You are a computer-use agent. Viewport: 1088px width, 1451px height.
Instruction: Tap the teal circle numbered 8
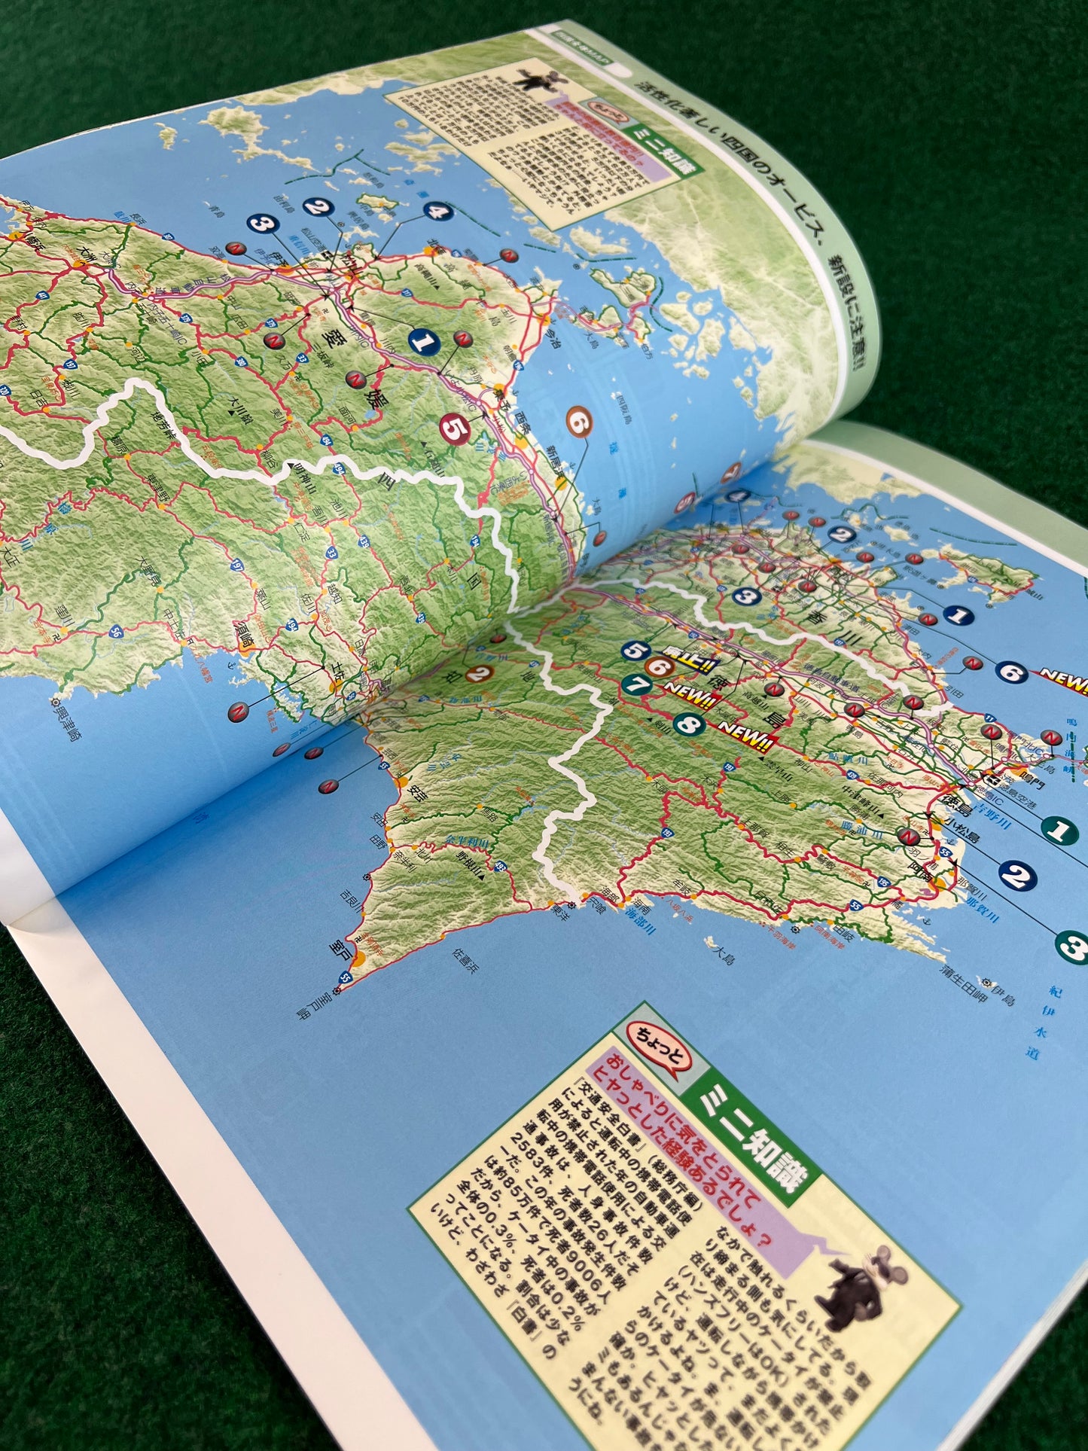(x=687, y=725)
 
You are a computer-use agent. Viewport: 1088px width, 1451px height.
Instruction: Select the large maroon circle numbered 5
(x=455, y=429)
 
